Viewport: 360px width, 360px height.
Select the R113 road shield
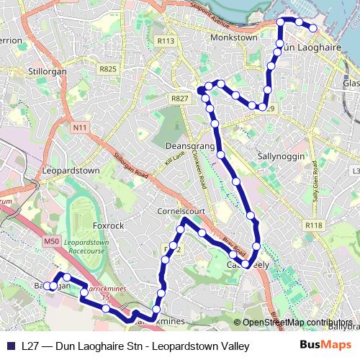coord(166,41)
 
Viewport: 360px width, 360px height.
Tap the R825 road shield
coord(109,68)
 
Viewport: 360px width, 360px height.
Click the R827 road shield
coord(179,98)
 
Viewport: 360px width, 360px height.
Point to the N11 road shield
coord(79,127)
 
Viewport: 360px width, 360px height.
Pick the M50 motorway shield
coord(50,243)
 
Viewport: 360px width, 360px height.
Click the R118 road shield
coord(313,225)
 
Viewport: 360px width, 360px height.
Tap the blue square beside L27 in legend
coord(12,346)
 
